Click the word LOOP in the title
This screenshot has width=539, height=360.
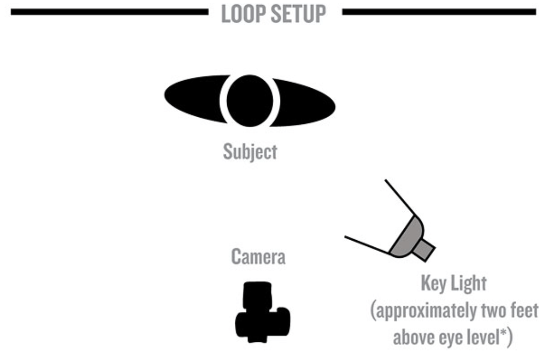pos(242,14)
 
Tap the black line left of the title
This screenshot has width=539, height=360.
pos(109,12)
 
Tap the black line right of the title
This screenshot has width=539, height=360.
pos(439,12)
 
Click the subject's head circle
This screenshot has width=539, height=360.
pos(250,101)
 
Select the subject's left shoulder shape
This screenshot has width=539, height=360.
pos(193,98)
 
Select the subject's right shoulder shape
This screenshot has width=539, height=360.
pos(304,103)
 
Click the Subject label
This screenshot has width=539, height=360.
pos(250,152)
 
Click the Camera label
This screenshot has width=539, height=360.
pos(258,257)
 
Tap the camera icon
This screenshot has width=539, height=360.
pos(263,312)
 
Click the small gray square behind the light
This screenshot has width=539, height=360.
pos(424,250)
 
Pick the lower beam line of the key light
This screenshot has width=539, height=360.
pos(368,245)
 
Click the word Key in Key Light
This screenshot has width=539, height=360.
pos(434,284)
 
